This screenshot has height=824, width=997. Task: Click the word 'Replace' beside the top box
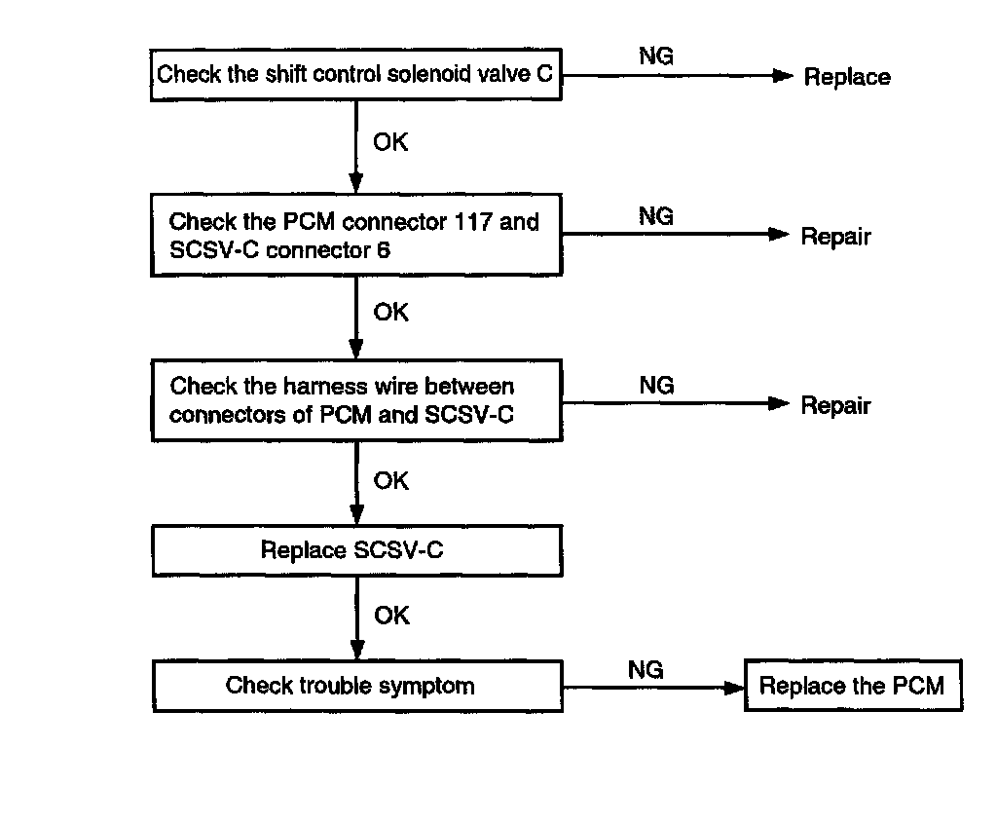tap(847, 77)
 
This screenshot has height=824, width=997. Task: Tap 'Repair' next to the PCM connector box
tap(835, 236)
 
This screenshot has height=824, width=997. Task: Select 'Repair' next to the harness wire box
tap(835, 405)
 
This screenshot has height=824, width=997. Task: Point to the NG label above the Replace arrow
tap(656, 56)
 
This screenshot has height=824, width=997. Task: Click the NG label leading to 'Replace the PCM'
tap(646, 669)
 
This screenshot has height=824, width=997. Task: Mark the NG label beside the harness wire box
tap(657, 385)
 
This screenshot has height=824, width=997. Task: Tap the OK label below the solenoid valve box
tap(390, 142)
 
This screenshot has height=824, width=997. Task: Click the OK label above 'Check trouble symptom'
tap(391, 616)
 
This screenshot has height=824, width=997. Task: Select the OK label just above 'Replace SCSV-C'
tap(391, 481)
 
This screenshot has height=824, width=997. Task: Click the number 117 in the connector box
tap(473, 221)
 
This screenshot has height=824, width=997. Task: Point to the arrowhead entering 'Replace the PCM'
tap(735, 688)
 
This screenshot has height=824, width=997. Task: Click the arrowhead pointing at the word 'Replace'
tap(783, 76)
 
